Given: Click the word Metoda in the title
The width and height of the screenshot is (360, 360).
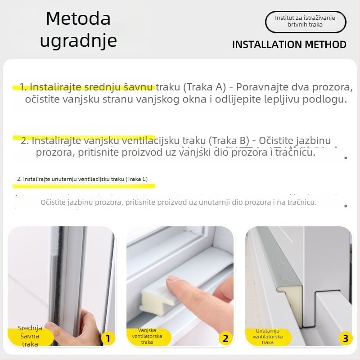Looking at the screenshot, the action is pyautogui.click(x=78, y=19).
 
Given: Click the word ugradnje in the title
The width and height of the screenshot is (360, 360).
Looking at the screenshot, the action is pyautogui.click(x=78, y=40).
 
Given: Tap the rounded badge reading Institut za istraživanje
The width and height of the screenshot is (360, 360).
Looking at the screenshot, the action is pyautogui.click(x=306, y=22).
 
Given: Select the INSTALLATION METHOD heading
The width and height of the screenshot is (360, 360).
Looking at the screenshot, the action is pyautogui.click(x=289, y=44).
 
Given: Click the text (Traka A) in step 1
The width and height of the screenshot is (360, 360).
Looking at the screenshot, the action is pyautogui.click(x=205, y=87).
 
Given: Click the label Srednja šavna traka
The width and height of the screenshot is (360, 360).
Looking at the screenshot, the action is pyautogui.click(x=30, y=336).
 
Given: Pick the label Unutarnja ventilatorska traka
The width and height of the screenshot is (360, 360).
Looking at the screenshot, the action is pyautogui.click(x=267, y=336).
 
